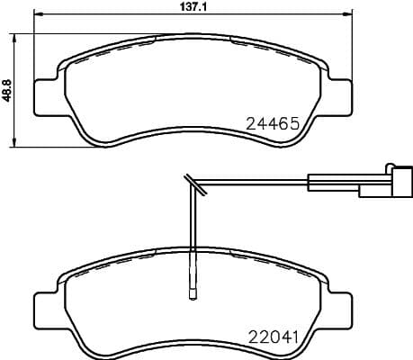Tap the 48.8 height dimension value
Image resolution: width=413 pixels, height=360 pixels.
coord(7,90)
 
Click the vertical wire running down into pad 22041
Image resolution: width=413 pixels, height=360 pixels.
coord(192,234)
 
